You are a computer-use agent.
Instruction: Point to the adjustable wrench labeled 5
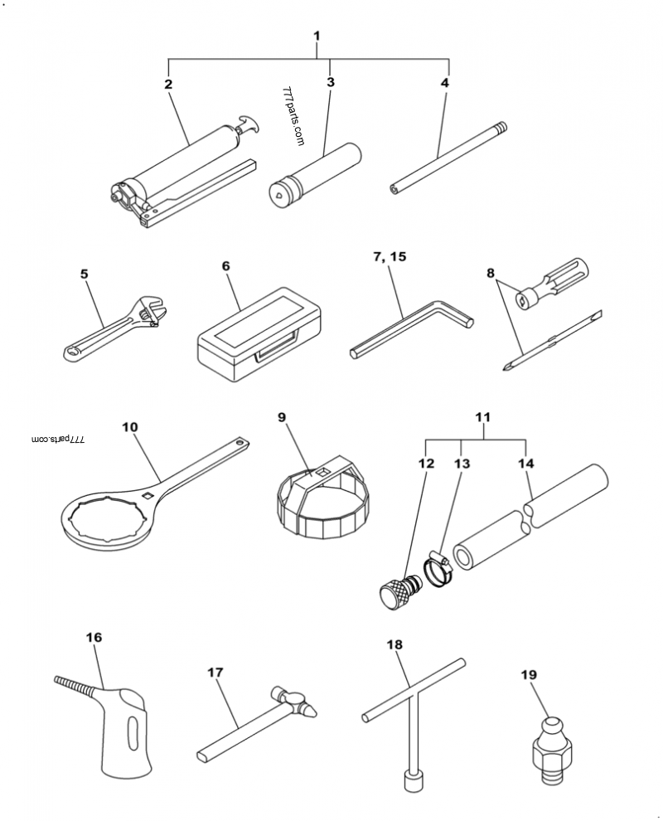point(116,331)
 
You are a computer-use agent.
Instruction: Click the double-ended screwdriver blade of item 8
point(552,340)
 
